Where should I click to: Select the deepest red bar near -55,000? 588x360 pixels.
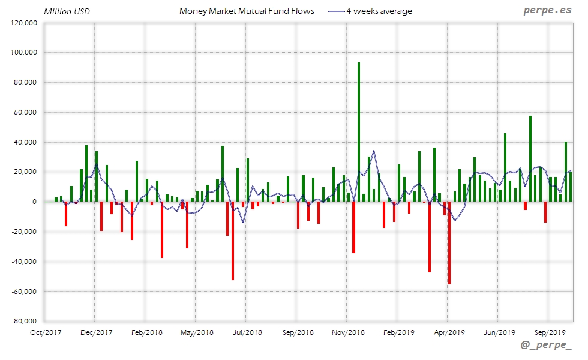(449, 243)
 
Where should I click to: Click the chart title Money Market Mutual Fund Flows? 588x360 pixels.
(247, 11)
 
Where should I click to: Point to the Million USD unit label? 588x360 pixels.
(67, 11)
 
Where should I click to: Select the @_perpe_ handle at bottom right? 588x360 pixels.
(546, 345)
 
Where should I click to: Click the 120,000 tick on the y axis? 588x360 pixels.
(25, 23)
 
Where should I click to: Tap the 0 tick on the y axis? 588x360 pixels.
(35, 202)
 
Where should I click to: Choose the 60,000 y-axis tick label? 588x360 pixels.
(26, 112)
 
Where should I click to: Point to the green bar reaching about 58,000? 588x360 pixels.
(530, 159)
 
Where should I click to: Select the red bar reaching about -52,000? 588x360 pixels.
(232, 241)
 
